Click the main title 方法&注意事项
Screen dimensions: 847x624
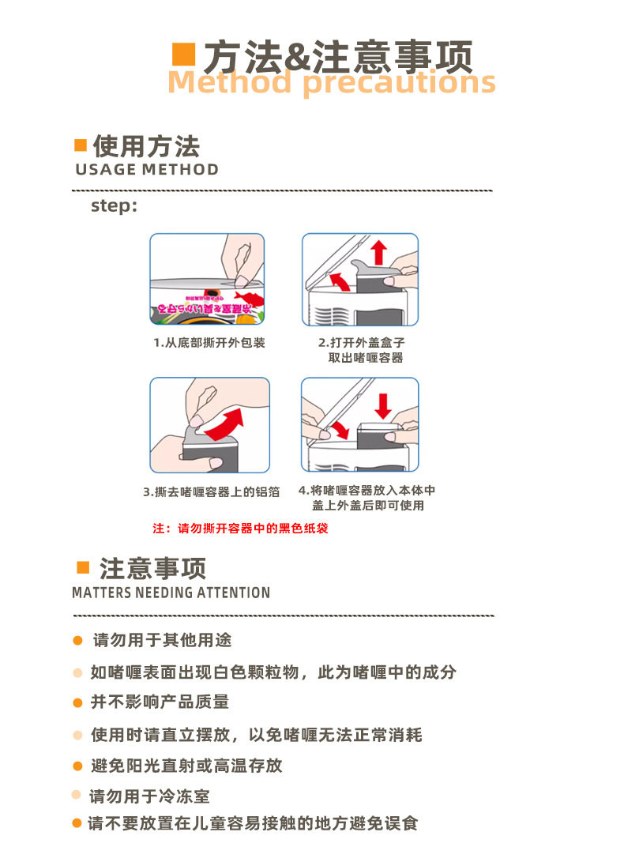(338, 56)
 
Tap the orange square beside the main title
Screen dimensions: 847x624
(183, 55)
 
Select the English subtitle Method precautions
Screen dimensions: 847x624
(331, 82)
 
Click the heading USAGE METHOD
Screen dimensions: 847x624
(147, 170)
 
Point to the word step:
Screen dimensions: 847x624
(115, 206)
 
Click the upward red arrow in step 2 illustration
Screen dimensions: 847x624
(379, 252)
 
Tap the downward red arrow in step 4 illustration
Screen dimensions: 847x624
(384, 405)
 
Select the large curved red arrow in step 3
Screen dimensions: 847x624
(224, 425)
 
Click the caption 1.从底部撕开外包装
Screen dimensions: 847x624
(209, 343)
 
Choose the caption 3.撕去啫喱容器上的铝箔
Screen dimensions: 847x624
(212, 491)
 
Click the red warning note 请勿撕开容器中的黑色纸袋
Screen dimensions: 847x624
(240, 529)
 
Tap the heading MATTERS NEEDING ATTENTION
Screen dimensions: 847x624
(171, 593)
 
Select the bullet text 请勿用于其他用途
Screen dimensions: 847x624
(162, 640)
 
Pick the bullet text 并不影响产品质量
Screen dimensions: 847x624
(160, 702)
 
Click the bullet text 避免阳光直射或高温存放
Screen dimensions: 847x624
(186, 766)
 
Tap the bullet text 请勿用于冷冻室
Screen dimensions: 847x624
(149, 796)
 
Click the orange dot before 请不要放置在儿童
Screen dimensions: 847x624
(77, 823)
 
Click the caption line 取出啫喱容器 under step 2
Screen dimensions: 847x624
(366, 358)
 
